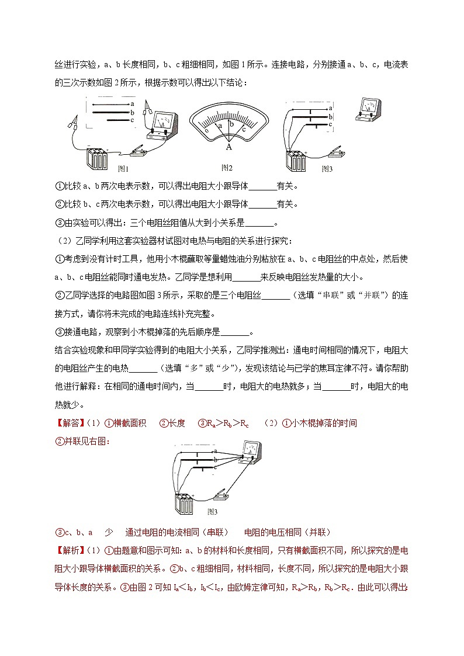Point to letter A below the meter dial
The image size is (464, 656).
228,148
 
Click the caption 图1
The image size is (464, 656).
123,169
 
